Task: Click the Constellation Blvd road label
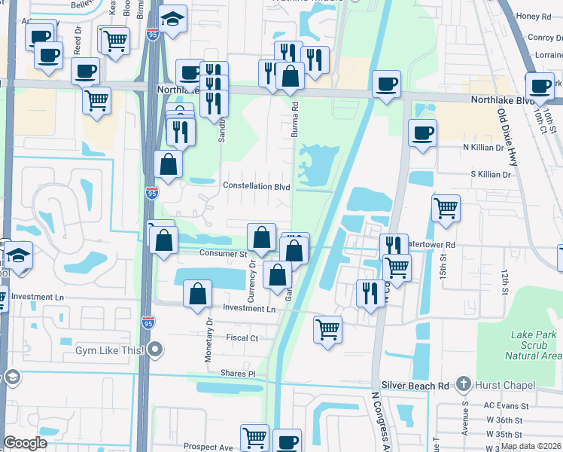click(257, 185)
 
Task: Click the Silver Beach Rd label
click(415, 385)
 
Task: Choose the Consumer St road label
click(223, 254)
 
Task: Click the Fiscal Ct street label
click(242, 338)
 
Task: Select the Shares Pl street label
click(239, 374)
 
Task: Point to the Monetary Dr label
click(209, 341)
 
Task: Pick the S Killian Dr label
click(490, 174)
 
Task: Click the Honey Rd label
click(535, 17)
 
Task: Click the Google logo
click(26, 442)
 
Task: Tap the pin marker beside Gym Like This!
click(156, 350)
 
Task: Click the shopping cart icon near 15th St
click(446, 209)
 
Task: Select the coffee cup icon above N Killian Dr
click(422, 133)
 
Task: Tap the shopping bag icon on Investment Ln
click(197, 295)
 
